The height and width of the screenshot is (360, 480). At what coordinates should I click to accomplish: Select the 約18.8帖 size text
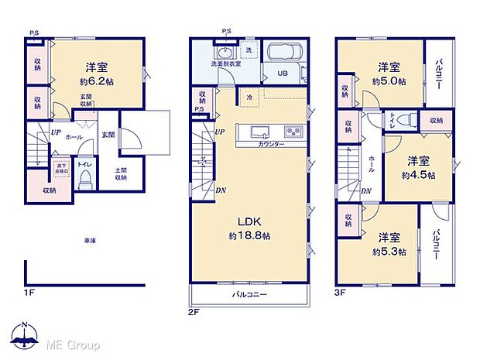[247, 235]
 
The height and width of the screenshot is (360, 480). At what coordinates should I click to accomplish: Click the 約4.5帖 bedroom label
[419, 175]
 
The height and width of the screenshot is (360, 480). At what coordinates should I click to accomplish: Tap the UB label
[279, 74]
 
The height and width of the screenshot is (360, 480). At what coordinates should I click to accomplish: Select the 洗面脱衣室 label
[225, 63]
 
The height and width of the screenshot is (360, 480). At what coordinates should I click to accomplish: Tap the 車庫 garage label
[90, 242]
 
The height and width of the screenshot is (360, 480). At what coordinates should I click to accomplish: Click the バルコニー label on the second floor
[249, 295]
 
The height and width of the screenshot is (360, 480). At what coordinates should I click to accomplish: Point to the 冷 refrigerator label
[250, 98]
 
